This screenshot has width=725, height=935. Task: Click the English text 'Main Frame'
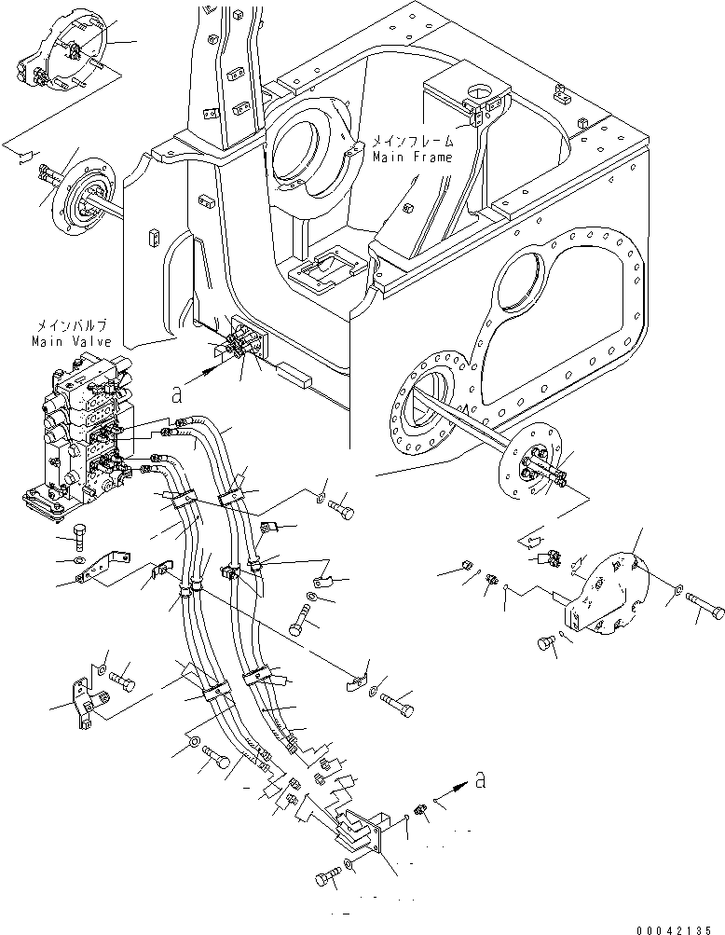click(x=413, y=158)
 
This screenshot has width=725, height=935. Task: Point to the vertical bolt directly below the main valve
click(x=80, y=539)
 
